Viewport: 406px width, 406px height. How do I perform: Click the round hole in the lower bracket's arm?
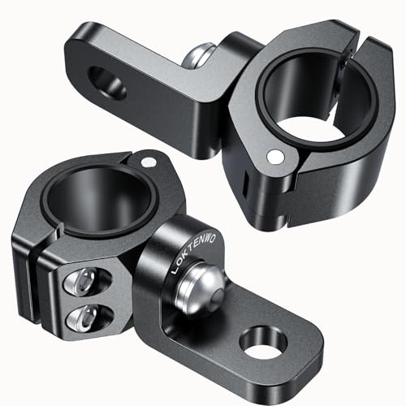262,343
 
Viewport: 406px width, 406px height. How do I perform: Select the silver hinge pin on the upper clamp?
278,154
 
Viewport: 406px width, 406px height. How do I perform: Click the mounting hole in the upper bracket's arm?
109,84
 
